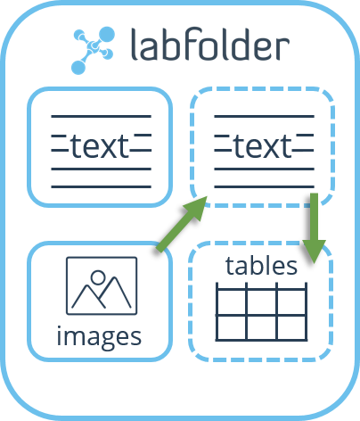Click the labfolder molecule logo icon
93,50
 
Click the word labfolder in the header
210,44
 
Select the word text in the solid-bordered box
100,146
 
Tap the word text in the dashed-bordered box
263,146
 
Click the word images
99,336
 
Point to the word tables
261,265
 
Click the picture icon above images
102,285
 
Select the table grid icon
261,311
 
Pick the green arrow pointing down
315,228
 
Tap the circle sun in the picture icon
98,277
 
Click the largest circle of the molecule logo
106,35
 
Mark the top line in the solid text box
101,117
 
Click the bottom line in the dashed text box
264,186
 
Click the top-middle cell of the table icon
261,301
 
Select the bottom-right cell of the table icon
291,327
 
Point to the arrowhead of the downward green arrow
315,252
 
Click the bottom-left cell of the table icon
232,327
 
